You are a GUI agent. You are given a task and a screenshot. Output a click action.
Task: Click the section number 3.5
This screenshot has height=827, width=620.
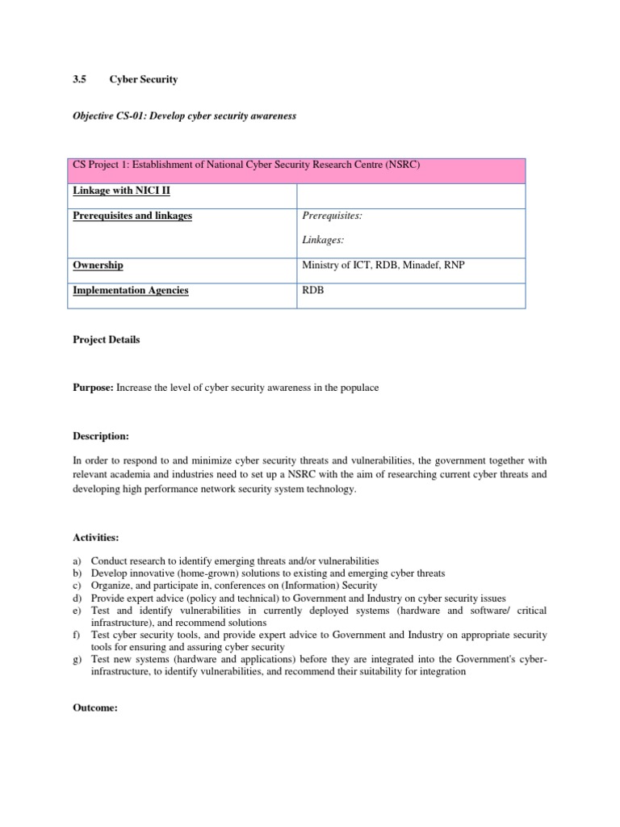click(x=79, y=80)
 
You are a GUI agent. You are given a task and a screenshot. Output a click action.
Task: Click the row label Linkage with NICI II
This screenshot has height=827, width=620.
click(x=121, y=191)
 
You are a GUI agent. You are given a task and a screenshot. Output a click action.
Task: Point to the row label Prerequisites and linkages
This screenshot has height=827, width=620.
click(x=132, y=216)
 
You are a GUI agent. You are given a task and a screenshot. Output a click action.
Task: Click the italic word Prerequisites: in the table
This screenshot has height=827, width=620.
click(x=332, y=216)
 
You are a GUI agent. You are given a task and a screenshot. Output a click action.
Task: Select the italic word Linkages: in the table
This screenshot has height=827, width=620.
click(x=322, y=240)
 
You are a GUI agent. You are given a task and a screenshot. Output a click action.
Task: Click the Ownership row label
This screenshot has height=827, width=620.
click(x=98, y=265)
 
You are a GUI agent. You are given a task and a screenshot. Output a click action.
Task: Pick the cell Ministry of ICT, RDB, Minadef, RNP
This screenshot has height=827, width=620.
click(x=383, y=265)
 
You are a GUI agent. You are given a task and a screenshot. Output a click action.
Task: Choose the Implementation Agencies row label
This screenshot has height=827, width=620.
click(x=131, y=290)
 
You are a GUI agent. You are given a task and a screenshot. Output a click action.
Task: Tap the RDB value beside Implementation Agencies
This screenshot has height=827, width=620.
click(x=312, y=290)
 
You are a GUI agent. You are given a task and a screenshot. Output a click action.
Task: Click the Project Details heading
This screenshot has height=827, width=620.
click(x=106, y=340)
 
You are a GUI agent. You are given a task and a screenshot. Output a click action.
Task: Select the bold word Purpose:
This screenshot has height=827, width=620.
click(x=94, y=388)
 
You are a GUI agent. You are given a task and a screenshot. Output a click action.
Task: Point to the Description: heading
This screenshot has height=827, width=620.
click(x=101, y=436)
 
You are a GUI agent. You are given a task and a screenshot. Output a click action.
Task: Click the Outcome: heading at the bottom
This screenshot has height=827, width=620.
click(x=95, y=707)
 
